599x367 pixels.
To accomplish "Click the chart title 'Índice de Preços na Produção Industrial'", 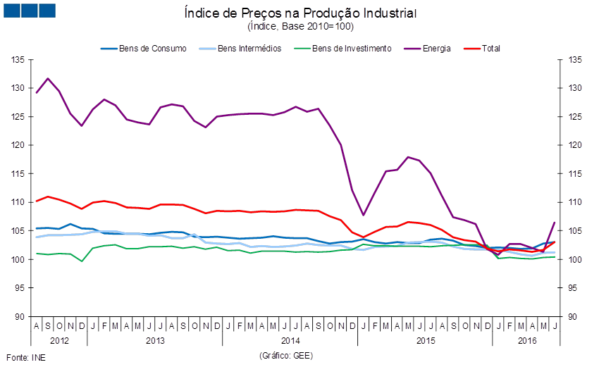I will (300, 13).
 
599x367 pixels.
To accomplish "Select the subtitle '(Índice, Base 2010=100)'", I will (300, 27).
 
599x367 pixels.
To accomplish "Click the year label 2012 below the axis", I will (59, 340).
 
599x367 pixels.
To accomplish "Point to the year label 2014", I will (290, 340).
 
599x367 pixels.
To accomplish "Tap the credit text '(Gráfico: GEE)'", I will (286, 355).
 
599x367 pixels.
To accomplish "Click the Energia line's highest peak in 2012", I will (48, 78).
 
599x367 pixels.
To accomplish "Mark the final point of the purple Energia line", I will (555, 223).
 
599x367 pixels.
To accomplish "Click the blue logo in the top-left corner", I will (29, 10).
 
